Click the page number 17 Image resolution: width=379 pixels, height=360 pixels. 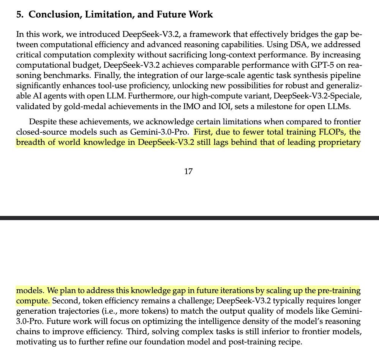coord(188,171)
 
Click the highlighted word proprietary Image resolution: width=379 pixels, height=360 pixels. coord(340,143)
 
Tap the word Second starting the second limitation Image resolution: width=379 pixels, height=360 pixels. coord(65,301)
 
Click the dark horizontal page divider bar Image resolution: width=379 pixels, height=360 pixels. coord(189,218)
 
